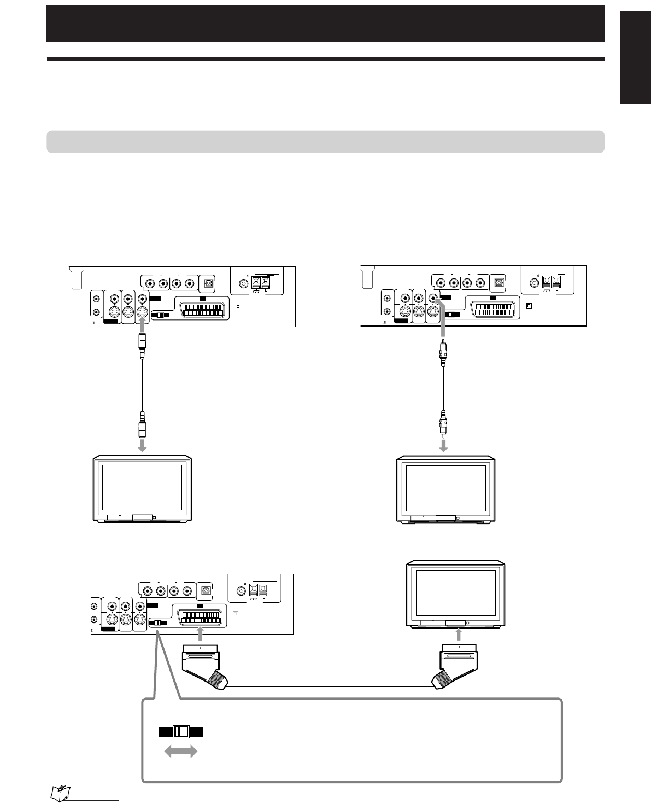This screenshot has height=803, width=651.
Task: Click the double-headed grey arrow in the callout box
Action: tap(181, 753)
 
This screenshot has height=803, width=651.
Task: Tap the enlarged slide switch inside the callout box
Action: tap(181, 732)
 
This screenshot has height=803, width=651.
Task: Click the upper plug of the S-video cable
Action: tap(142, 347)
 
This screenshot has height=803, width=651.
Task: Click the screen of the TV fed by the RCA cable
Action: tap(444, 487)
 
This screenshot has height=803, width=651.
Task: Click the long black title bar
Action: tap(325, 24)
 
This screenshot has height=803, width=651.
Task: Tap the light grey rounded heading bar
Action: tap(325, 141)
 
